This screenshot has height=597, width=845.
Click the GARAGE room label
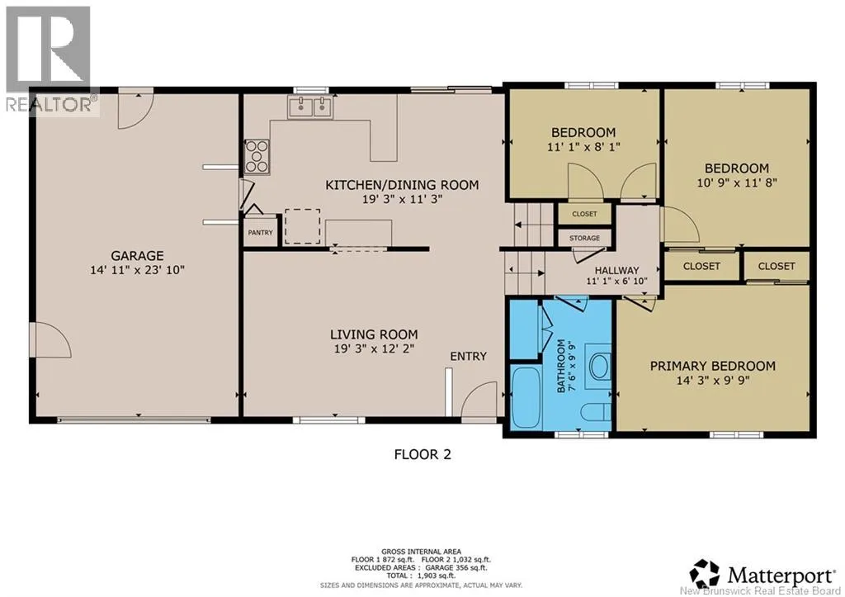[138, 256]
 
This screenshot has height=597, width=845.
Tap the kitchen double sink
[310, 107]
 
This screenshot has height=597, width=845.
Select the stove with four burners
[257, 157]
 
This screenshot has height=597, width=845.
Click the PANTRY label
[260, 232]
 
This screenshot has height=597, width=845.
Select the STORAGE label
[585, 238]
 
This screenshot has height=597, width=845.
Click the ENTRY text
[469, 356]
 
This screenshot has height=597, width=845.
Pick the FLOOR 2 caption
[422, 455]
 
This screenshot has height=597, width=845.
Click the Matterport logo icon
[705, 574]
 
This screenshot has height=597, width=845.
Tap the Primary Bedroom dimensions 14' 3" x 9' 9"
[713, 380]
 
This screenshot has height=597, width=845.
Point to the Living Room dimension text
[374, 348]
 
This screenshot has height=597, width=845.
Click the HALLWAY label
[617, 270]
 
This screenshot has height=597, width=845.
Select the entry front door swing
[479, 399]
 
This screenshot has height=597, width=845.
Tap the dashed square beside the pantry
[302, 226]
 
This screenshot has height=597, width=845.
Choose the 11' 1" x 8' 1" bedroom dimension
[583, 146]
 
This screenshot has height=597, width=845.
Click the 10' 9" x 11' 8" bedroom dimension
[737, 182]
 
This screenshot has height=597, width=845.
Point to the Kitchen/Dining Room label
[402, 185]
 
